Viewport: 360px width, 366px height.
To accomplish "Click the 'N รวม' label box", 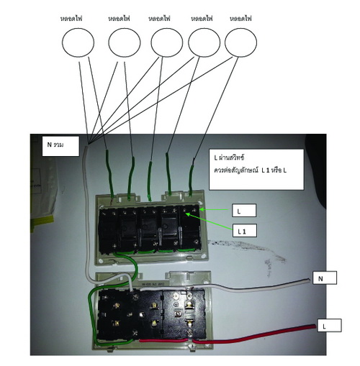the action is click(60, 146).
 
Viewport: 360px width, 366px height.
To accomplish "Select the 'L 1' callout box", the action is click(245, 231).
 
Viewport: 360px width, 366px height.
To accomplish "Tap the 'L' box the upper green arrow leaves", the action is click(244, 211).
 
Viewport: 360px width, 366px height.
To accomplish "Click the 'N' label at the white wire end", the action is click(325, 278).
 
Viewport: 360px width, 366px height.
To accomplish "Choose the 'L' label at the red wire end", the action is click(329, 325).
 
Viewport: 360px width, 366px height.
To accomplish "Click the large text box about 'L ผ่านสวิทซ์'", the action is click(256, 170).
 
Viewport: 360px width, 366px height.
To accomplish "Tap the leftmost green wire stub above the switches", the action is click(109, 175).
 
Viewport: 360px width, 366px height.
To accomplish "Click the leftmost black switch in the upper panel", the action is click(108, 229).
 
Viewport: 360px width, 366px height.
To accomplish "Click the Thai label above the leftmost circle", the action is click(71, 19).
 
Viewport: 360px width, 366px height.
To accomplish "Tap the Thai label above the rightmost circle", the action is click(240, 19).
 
